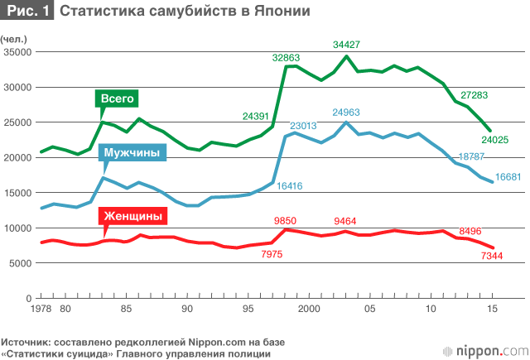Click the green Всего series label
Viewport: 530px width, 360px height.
[117, 98]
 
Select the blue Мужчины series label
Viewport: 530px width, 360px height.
[132, 153]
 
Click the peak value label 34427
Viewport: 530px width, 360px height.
[348, 45]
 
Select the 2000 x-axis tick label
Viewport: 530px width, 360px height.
[308, 308]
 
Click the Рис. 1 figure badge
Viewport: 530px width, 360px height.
[27, 12]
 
